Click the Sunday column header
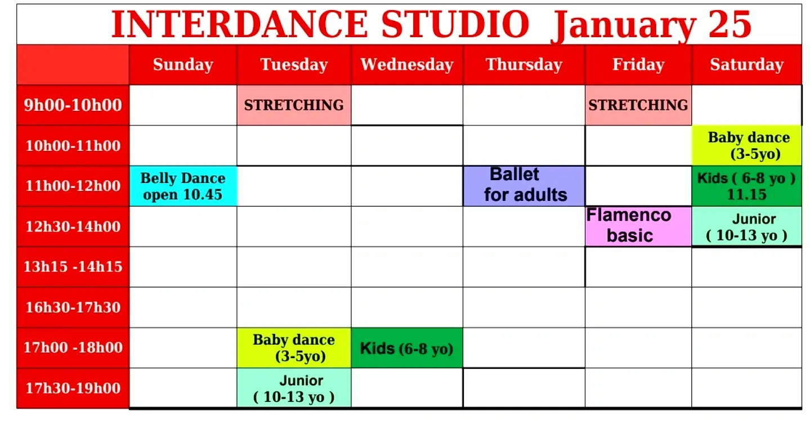pos(183,65)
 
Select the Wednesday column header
pos(407,65)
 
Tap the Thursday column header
pos(524,65)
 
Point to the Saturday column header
pos(747,65)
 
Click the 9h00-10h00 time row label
pos(73,105)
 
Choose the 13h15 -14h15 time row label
pos(73,267)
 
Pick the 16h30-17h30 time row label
pos(73,307)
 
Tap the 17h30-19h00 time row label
pos(73,388)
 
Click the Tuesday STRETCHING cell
pos(294,105)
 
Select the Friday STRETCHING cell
pos(638,105)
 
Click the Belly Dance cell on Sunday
pos(183,186)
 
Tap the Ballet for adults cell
pos(524,186)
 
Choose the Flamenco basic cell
pos(638,226)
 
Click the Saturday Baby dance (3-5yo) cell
pos(747,145)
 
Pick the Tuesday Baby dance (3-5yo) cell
pos(294,348)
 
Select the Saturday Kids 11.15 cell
pos(747,186)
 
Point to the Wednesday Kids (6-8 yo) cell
pos(407,348)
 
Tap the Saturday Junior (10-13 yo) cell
pos(747,226)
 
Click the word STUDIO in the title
pos(455,24)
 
